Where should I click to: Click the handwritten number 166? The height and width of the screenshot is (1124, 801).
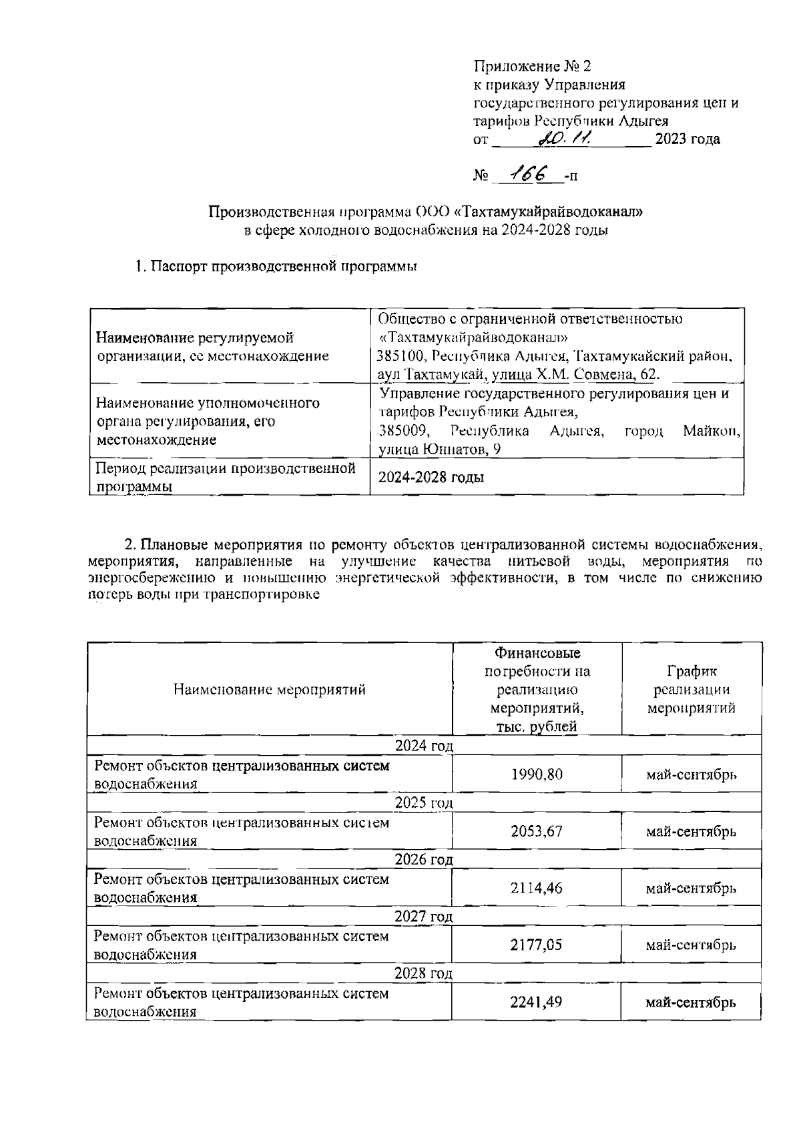527,174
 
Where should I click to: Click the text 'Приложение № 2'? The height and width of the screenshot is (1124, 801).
532,66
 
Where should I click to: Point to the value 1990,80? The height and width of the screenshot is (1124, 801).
537,774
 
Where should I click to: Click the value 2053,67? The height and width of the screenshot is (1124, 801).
537,831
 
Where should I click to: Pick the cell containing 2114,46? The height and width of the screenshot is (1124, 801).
537,888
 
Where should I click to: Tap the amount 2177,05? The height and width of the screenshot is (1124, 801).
537,945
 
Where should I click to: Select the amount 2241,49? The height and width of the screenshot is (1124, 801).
537,1002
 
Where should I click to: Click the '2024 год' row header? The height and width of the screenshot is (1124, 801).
424,745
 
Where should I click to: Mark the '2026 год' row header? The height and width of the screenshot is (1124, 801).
424,859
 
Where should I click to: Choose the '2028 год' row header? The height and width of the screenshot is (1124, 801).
424,973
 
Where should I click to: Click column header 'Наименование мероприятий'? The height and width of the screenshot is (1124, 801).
270,689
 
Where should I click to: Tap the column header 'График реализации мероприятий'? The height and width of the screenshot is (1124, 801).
692,689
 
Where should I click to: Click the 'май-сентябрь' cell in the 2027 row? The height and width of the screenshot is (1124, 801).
692,945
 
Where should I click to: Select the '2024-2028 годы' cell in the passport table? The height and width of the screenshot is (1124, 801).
431,477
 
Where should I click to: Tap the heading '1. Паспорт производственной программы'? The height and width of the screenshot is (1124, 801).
276,267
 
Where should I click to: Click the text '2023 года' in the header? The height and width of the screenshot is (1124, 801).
688,139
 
